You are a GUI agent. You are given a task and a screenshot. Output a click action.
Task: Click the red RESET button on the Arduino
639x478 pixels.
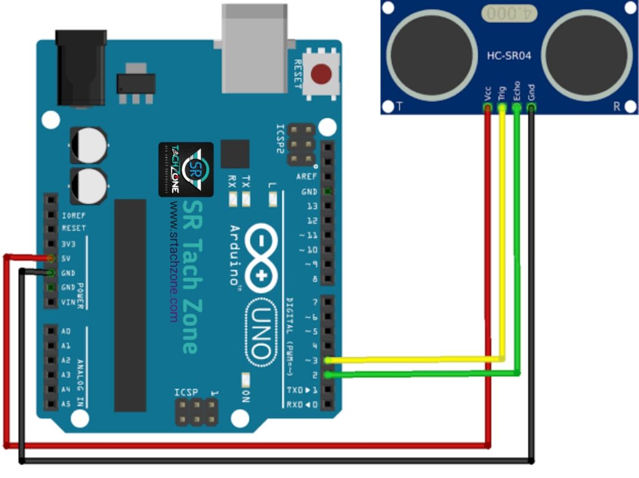[321, 74]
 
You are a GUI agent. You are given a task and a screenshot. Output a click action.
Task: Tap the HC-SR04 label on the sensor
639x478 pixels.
[509, 56]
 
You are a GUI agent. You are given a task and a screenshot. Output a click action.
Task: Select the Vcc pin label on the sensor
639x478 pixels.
[487, 93]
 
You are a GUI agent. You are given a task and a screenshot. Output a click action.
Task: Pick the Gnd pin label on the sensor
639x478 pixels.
[531, 92]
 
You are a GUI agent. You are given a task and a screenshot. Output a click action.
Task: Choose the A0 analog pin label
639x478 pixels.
[66, 331]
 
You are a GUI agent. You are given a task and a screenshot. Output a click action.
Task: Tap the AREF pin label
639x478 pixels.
[307, 177]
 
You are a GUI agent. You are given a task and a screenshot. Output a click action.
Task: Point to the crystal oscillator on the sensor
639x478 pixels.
[509, 12]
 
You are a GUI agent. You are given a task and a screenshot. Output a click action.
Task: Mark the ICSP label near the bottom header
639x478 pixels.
[187, 392]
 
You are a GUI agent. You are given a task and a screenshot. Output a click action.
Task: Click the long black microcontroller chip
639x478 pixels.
[130, 305]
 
